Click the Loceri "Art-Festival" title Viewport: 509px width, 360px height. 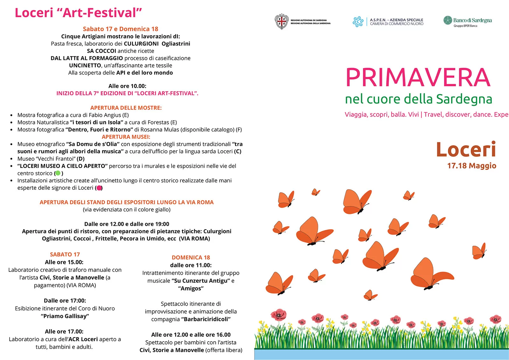point(78,13)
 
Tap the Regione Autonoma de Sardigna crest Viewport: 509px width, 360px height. point(282,22)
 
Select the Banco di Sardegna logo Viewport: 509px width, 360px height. point(467,21)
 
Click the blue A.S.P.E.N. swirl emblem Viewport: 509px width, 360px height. point(358,22)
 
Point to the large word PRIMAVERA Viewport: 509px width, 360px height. point(418,77)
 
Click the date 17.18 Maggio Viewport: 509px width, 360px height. point(471,166)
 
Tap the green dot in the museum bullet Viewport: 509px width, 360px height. point(58,173)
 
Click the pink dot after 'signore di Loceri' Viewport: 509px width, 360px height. point(99,188)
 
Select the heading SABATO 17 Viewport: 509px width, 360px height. point(65,254)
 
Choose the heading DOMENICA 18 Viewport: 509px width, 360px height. point(191,258)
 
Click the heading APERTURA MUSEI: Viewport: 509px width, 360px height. point(126,137)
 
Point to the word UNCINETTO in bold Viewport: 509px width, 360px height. point(85,65)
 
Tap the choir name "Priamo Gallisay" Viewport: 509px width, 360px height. point(65,316)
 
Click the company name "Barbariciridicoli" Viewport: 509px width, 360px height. point(207,319)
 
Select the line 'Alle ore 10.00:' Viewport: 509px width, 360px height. point(127,86)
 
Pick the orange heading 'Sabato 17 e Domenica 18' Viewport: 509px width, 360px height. point(121,29)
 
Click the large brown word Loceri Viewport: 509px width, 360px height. point(466,149)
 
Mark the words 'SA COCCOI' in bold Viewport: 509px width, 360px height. point(101,51)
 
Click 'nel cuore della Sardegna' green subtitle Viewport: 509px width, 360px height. point(418,99)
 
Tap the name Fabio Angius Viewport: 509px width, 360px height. point(105,115)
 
